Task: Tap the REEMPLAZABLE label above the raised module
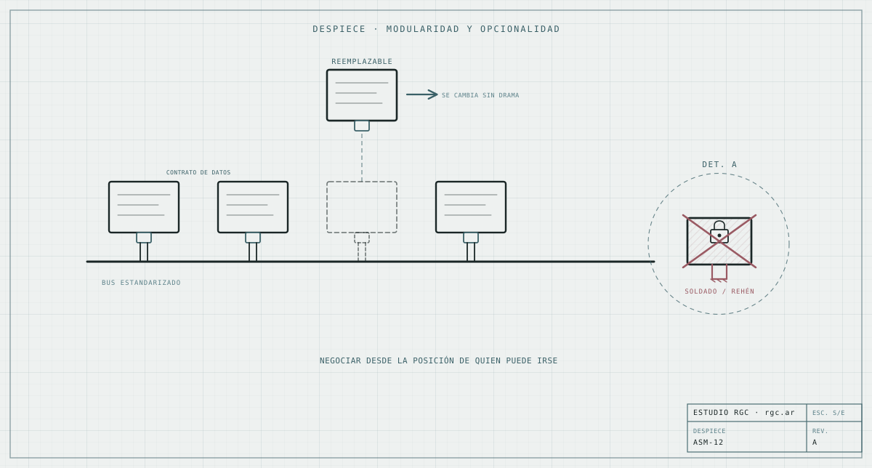tap(362, 62)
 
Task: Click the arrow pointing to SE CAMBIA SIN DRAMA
tap(422, 94)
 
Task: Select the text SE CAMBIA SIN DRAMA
tap(480, 95)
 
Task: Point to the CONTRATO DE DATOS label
tap(198, 172)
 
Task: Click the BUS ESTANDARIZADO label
tap(141, 283)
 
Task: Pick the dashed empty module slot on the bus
tap(362, 207)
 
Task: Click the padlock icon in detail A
tap(719, 232)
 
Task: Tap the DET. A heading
tap(719, 165)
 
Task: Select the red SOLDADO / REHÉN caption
tap(719, 291)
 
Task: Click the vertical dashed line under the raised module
tap(362, 156)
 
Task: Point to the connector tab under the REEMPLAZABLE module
tap(362, 126)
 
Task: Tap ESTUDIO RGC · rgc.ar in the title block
tap(743, 413)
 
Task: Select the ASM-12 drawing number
tap(708, 443)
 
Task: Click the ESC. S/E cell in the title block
tap(828, 413)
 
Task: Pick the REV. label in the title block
tap(820, 431)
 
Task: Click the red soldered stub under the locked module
tap(719, 273)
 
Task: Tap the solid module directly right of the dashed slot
tap(471, 207)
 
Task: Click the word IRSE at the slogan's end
tap(547, 361)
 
